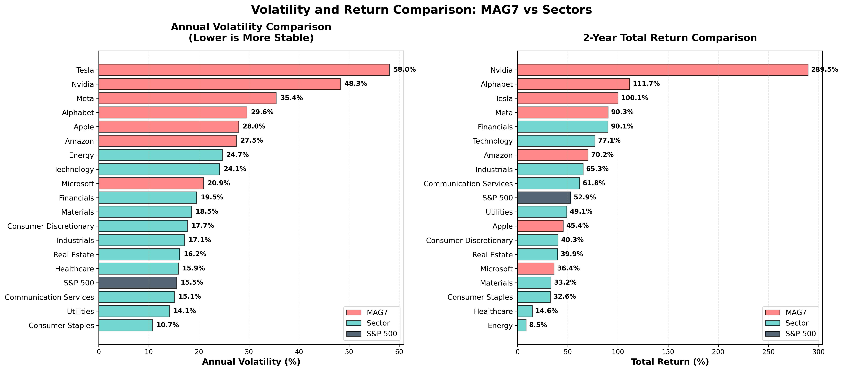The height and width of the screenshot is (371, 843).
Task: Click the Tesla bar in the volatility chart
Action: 244,70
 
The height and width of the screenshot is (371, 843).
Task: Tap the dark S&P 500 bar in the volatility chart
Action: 137,283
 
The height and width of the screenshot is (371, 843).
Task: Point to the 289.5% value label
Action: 824,70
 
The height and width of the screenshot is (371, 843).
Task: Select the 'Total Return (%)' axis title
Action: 670,362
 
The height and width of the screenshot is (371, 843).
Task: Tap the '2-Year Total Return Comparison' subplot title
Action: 670,38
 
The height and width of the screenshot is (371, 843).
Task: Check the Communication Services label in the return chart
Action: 468,184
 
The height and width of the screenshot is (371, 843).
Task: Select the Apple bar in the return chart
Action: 540,226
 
